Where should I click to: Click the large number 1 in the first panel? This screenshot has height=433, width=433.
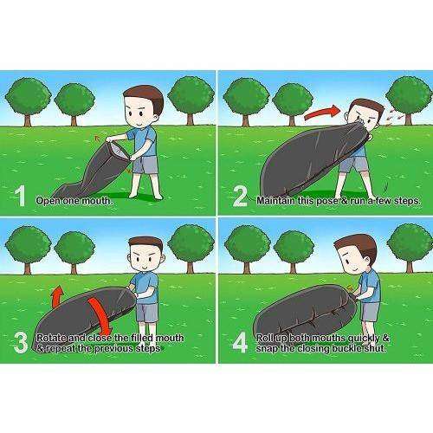[x=20, y=196]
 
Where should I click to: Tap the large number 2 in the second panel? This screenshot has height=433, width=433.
[x=240, y=197]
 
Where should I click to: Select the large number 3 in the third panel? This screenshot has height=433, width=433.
[x=21, y=342]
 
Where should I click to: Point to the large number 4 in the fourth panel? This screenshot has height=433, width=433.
[x=240, y=342]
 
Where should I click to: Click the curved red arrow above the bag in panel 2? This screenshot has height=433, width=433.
[x=322, y=113]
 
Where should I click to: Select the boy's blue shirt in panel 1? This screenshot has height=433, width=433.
[x=144, y=141]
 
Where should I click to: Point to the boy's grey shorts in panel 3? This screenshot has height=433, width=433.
[x=147, y=313]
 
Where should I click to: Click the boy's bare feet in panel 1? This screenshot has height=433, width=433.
[x=145, y=196]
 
